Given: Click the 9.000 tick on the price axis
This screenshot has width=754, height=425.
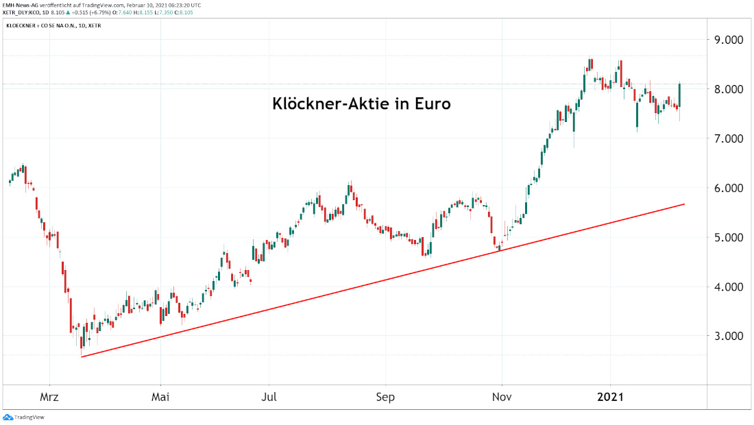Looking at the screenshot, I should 729,40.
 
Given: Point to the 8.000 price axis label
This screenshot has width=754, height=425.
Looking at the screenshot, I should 729,89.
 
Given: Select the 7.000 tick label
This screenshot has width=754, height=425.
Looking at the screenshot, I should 729,138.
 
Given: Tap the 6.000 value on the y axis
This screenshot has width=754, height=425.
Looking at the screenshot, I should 729,188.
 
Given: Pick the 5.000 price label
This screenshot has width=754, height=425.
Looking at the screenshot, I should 729,237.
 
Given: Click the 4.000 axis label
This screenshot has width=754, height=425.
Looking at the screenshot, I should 729,287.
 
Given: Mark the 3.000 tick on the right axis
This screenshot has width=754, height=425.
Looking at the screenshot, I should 729,336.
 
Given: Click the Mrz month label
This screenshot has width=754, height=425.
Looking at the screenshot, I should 49,397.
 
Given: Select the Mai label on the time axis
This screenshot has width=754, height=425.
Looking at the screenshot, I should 160,397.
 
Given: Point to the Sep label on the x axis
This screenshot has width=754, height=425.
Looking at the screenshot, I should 386,397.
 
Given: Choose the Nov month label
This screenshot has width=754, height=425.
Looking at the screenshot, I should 502,397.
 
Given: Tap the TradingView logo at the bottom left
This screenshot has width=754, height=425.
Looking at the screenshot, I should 19,417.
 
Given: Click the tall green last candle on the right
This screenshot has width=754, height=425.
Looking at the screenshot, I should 679,95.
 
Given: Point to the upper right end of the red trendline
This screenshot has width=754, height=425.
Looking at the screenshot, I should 684,204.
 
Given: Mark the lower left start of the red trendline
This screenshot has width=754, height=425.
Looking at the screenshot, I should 82,356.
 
